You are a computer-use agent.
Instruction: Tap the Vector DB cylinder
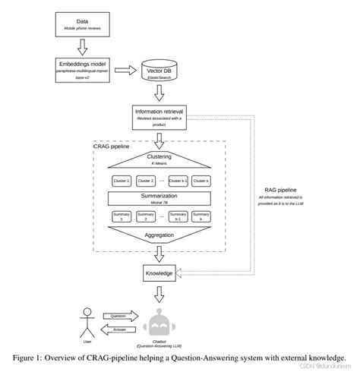pos(160,73)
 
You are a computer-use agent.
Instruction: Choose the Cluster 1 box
pos(122,181)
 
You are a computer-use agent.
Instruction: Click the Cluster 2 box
pos(147,181)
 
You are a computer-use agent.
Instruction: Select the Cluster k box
pos(201,181)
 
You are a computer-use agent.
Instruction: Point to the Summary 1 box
pos(122,217)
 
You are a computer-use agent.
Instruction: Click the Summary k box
pos(201,217)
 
